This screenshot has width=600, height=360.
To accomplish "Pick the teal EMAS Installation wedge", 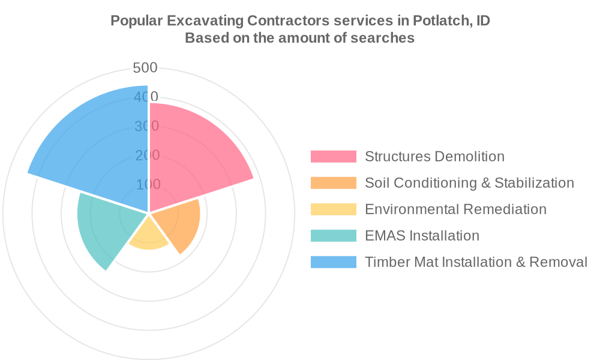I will pyautogui.click(x=105, y=228).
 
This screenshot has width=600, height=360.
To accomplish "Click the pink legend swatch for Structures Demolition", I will pyautogui.click(x=333, y=157).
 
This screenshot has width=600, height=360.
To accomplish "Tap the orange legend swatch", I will pyautogui.click(x=333, y=183).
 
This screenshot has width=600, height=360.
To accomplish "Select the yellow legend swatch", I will pyautogui.click(x=333, y=209).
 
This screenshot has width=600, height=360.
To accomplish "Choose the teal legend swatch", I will pyautogui.click(x=333, y=236).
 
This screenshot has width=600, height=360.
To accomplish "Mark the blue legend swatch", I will pyautogui.click(x=333, y=262).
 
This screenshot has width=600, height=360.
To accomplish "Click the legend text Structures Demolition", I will pyautogui.click(x=434, y=157).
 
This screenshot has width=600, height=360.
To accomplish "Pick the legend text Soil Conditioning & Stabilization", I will pyautogui.click(x=469, y=183).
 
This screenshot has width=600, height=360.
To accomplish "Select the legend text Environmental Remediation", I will pyautogui.click(x=455, y=209).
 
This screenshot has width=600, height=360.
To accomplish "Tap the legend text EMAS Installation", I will pyautogui.click(x=422, y=236).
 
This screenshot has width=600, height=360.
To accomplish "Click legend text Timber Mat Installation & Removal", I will pyautogui.click(x=476, y=262).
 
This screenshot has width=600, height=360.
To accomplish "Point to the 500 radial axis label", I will pyautogui.click(x=145, y=68).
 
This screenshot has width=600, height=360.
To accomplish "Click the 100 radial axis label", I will pyautogui.click(x=148, y=184).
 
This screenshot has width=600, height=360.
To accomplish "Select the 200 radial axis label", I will pyautogui.click(x=148, y=155).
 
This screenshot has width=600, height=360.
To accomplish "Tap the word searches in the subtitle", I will pyautogui.click(x=386, y=38).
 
